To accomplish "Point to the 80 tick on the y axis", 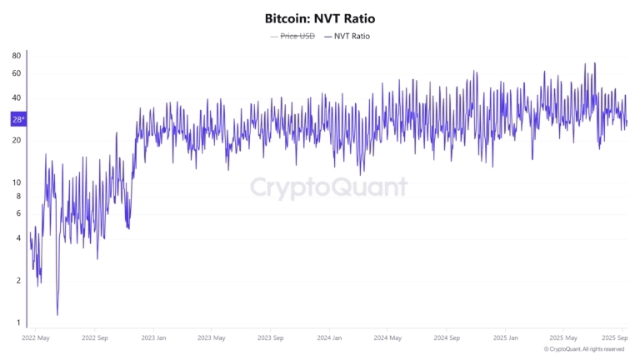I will point(17,56).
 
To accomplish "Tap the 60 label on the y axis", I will point(17,73).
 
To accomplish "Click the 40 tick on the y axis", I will point(17,98).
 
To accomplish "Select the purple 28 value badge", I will point(17,119).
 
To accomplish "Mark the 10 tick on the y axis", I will point(17,182).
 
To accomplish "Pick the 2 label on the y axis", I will point(18,280).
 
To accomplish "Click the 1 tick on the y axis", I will point(18,322).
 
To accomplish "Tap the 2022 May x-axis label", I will point(35,338).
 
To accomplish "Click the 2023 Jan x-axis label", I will point(152,338).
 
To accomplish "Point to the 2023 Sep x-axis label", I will point(271,338).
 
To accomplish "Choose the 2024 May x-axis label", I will point(388,338).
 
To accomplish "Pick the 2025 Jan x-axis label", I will point(506,338).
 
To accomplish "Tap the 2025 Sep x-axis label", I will point(615,338).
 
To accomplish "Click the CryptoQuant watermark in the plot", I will point(329,187).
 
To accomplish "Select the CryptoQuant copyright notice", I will point(583,349).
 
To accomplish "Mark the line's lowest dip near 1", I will point(57,315).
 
